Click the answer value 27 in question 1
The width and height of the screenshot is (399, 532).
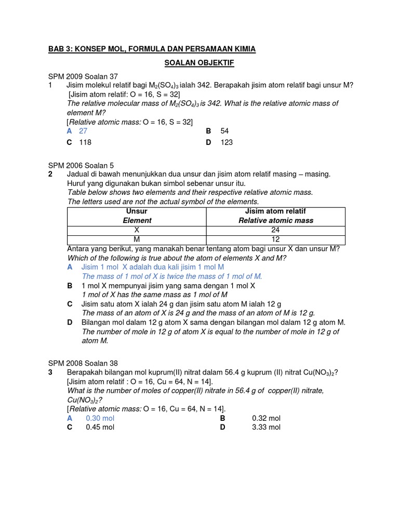coord(83,131)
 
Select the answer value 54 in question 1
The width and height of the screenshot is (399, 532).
coord(224,131)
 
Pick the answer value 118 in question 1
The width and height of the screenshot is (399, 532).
coord(85,142)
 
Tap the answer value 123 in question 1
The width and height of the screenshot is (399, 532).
coord(227,142)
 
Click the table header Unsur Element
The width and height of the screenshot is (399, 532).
coord(137,216)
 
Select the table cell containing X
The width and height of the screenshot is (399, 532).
coord(137,230)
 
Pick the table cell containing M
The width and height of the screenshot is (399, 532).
coord(137,240)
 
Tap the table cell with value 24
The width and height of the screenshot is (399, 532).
coord(276,230)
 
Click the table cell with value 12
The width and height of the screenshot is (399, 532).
coord(276,240)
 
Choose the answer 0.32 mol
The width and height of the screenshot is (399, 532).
coord(267,418)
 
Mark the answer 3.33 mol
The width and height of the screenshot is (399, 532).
coord(267,427)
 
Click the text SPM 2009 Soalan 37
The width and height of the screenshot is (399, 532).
coord(83,76)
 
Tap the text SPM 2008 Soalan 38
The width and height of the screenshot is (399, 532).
coord(83,363)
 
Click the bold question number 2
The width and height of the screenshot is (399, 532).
coord(50,174)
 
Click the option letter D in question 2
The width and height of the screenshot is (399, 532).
coord(70,322)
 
